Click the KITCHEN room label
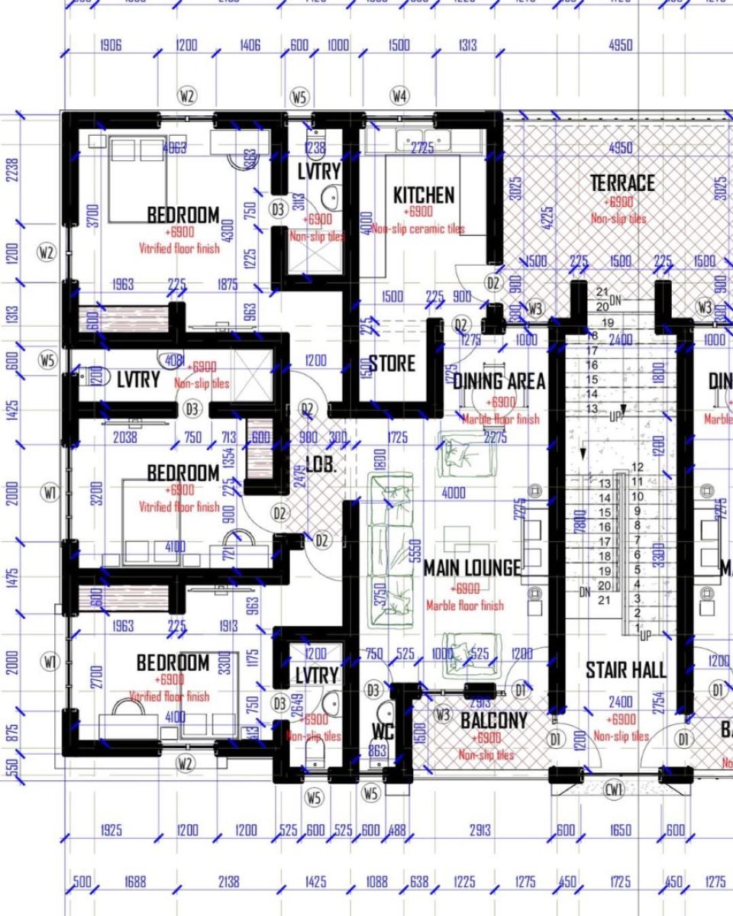point(423,195)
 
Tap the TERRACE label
point(622,183)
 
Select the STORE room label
point(392,363)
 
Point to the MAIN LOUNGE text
point(472,568)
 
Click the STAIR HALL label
point(626,670)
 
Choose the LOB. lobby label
point(321,465)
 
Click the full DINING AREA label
point(499,381)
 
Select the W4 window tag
point(399,96)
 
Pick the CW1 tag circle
point(615,789)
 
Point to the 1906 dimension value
point(111,46)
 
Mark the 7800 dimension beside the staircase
point(581,524)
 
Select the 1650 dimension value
point(620,831)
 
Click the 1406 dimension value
point(250,46)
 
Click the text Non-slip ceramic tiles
point(418,229)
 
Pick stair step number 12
point(638,467)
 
